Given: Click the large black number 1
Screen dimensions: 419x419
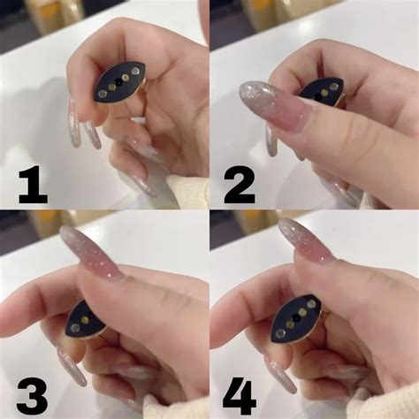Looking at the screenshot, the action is tap(34, 185).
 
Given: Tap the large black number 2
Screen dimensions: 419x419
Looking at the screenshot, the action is tap(240, 185).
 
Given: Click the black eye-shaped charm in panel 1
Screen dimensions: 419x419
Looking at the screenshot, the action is tap(118, 82).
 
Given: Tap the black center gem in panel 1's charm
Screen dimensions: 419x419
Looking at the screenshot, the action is tap(118, 82).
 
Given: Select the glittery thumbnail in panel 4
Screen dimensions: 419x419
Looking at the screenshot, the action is tap(307, 241).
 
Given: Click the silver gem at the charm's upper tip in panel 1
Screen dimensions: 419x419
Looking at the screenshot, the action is tap(135, 71).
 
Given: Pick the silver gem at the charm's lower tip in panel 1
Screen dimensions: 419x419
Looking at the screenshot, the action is tap(102, 94).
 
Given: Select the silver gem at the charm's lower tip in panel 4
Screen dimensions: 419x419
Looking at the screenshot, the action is tap(279, 333).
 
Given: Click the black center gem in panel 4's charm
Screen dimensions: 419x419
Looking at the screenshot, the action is tap(295, 318).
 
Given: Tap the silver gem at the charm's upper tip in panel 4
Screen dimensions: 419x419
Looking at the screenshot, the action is tap(312, 303).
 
